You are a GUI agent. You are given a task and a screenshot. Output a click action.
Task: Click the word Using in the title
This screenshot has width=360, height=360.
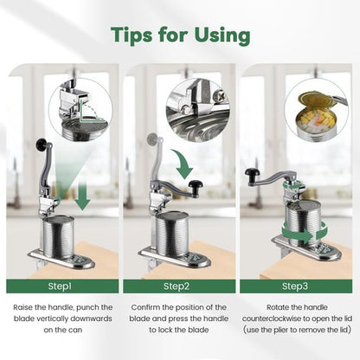point(222,36)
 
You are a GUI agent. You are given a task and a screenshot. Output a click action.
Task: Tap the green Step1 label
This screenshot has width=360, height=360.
point(62,286)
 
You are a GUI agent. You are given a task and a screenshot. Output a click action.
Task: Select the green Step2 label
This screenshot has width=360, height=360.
point(179,286)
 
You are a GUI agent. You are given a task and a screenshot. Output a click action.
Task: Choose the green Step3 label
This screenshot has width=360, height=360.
point(296,286)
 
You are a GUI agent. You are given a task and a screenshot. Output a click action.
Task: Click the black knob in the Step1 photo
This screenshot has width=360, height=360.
point(42,143)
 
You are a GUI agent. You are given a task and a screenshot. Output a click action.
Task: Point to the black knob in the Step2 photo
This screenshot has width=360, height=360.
point(196,184)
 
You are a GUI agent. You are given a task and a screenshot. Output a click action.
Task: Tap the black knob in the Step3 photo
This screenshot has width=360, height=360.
point(253,173)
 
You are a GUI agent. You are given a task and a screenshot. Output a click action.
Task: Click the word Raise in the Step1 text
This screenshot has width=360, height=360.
point(23,307)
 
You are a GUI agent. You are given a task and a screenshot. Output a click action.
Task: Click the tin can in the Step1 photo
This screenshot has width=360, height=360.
point(59,237)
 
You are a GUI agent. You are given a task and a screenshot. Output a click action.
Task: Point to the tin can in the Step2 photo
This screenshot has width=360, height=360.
point(172,234)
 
